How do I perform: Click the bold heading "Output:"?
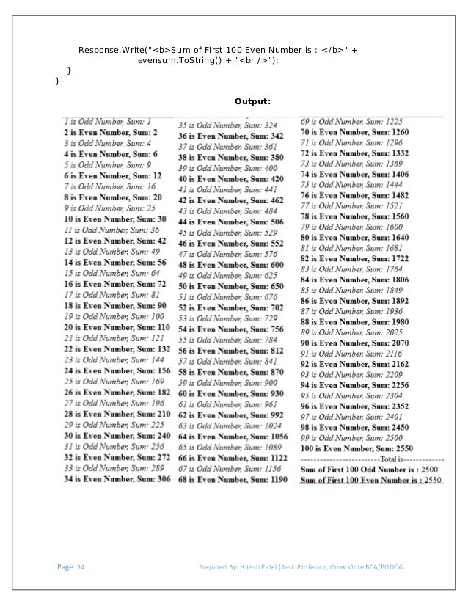pyautogui.click(x=253, y=101)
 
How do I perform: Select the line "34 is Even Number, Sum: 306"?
pyautogui.click(x=117, y=478)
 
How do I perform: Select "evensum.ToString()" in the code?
pyautogui.click(x=177, y=60)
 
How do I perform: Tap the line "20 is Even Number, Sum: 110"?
pyautogui.click(x=116, y=326)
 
